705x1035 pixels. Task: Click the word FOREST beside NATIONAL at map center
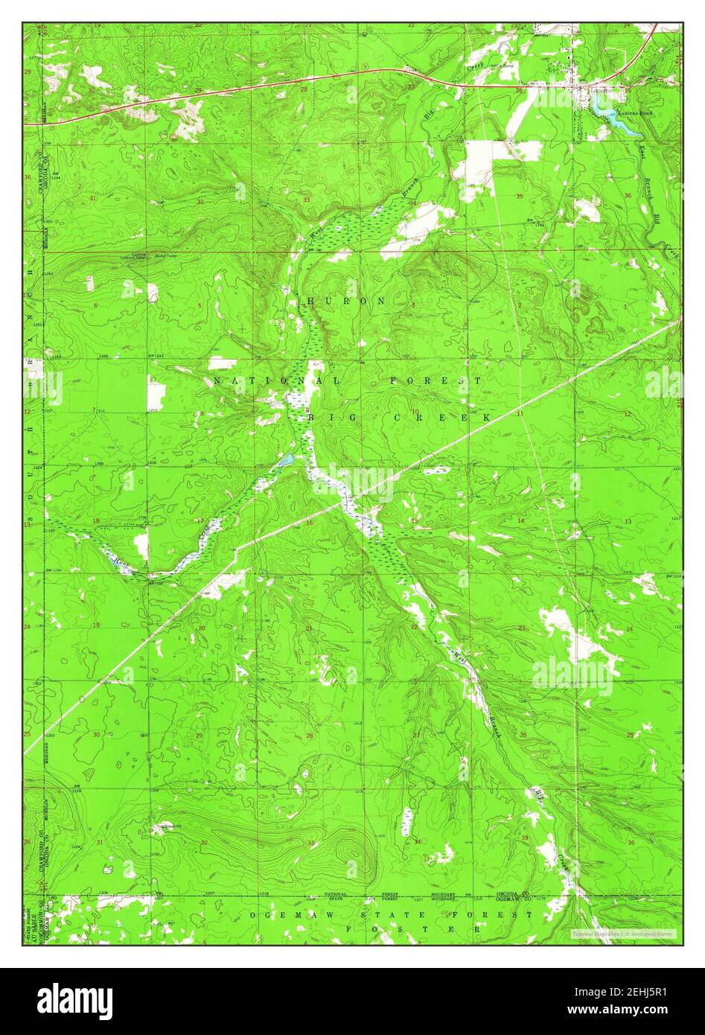[x=436, y=380]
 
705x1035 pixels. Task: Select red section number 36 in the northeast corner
[x=628, y=197]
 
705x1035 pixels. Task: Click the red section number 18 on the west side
[x=95, y=520]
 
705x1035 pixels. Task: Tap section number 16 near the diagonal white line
[x=309, y=523]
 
